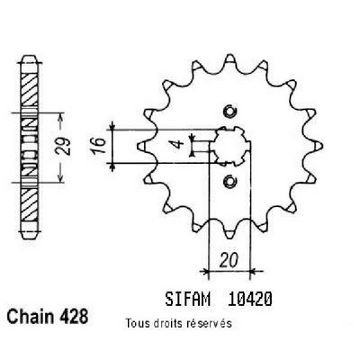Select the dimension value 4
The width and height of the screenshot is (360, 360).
click(179, 143)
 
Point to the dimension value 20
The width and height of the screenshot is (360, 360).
click(229, 260)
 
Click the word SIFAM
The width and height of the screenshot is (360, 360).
click(187, 299)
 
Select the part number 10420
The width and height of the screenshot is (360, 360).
click(249, 299)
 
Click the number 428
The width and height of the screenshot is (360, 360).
click(74, 316)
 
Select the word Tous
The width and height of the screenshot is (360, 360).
click(136, 323)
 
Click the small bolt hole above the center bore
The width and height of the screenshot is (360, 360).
click(229, 112)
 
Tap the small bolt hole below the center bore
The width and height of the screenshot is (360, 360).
click(229, 181)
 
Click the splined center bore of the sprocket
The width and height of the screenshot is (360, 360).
click(229, 146)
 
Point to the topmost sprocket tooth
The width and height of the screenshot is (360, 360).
click(229, 59)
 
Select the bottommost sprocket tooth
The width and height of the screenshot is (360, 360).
click(229, 233)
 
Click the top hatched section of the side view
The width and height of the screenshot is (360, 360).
click(30, 89)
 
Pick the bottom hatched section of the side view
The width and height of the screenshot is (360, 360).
click(30, 204)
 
